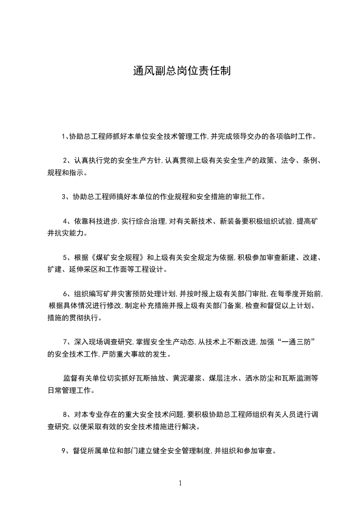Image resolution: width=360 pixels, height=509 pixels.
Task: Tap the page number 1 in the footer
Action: tap(180, 483)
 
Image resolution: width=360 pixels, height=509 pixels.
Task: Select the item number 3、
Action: tap(66, 197)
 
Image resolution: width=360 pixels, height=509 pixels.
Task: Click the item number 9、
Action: tap(66, 451)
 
